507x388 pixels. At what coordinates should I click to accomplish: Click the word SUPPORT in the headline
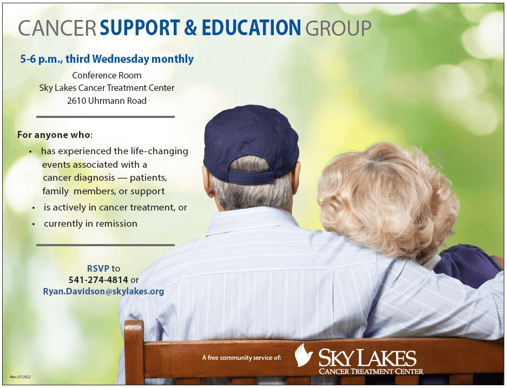[140, 28]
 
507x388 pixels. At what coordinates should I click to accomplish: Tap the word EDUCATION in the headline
[251, 28]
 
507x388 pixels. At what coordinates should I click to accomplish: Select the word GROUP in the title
[338, 28]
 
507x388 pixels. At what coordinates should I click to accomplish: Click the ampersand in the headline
[191, 28]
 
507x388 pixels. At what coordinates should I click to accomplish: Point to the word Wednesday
[121, 59]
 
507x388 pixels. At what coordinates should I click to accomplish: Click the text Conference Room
[107, 75]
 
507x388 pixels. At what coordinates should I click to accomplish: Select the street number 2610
[76, 101]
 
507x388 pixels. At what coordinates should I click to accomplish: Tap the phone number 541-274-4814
[98, 280]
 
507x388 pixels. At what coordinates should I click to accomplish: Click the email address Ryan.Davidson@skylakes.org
[103, 291]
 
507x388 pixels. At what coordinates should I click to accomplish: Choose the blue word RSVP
[98, 268]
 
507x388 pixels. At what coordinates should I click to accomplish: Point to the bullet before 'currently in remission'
[34, 223]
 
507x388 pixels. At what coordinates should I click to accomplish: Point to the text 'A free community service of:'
[241, 358]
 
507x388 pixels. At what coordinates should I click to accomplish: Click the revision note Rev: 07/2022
[20, 377]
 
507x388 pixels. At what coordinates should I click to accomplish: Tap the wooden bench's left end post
[134, 352]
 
